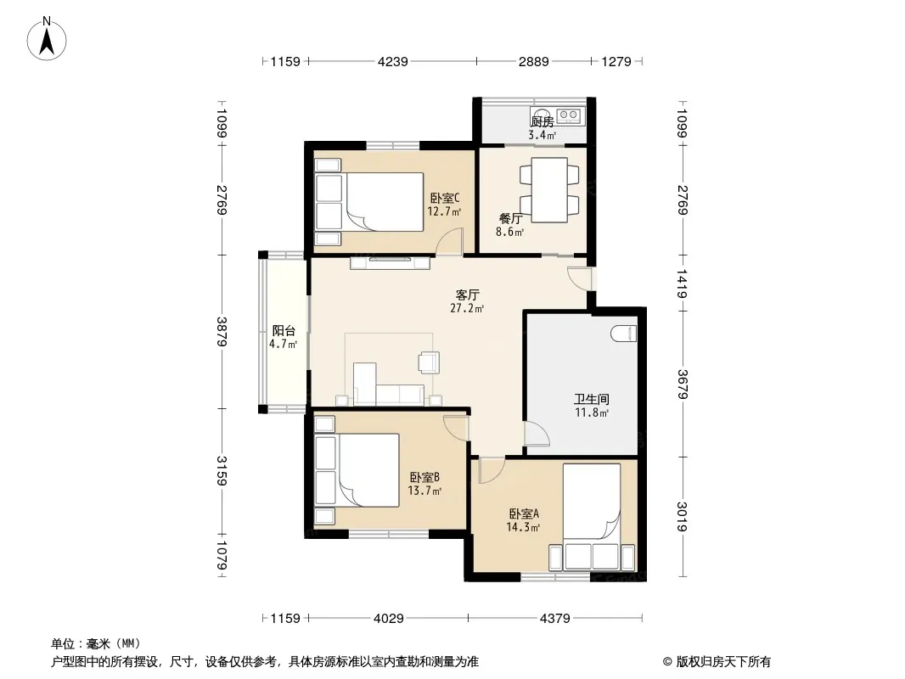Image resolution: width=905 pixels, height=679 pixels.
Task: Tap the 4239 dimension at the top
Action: pos(392,61)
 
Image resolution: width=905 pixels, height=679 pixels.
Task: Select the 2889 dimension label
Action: pos(533,61)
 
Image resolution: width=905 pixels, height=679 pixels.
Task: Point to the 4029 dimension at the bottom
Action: pos(389,619)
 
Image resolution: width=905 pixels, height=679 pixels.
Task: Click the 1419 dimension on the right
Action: pos(683,283)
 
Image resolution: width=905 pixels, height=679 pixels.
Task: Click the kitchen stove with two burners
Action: pos(569,115)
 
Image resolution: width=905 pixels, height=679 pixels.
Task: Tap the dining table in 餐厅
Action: pos(549,190)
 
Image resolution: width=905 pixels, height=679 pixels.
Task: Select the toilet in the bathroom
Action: pos(623,334)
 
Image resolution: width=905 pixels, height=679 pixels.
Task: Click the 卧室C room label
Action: pos(445,198)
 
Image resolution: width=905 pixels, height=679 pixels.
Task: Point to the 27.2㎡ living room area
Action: pos(467,308)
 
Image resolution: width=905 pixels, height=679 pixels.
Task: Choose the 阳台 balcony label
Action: pos(284,330)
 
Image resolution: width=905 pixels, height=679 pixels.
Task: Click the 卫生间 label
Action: pos(592,399)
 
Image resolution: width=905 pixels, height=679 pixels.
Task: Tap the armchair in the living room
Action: pos(429,362)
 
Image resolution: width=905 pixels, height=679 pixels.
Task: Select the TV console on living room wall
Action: pos(391,262)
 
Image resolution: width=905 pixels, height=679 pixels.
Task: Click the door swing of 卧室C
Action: pos(449,241)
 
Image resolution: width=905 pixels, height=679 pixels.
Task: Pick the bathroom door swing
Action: pos(537,434)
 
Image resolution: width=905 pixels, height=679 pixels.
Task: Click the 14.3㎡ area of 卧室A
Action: pos(523,527)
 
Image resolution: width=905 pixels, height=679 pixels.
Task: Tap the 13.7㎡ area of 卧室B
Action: pos(424,491)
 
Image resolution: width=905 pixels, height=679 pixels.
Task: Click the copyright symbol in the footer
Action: pos(667,662)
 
